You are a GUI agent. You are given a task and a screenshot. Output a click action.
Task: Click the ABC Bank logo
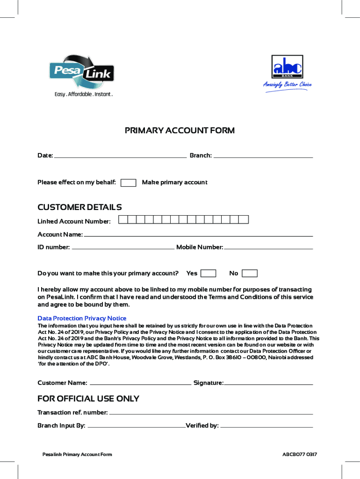[287, 67]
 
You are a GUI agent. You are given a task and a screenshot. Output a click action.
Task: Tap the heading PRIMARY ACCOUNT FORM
[180, 131]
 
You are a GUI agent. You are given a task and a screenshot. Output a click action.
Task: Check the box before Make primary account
[128, 183]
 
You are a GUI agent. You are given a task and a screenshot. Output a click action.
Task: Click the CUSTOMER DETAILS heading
[79, 207]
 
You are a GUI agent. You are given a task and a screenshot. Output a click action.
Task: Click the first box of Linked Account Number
[123, 219]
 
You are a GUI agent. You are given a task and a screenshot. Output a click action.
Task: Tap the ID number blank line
[123, 248]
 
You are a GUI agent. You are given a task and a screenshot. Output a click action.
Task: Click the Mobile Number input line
[268, 248]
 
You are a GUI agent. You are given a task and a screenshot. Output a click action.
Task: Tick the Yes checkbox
[208, 274]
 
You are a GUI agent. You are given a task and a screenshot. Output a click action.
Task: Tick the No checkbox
[250, 274]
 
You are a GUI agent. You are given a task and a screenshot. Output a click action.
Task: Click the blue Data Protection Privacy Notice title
[82, 319]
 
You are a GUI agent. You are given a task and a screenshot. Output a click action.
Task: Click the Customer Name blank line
[140, 384]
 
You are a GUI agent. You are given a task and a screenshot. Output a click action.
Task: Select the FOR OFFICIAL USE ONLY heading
[88, 399]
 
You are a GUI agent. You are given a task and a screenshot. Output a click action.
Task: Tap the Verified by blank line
[266, 426]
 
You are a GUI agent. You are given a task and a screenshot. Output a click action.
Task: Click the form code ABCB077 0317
[300, 455]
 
